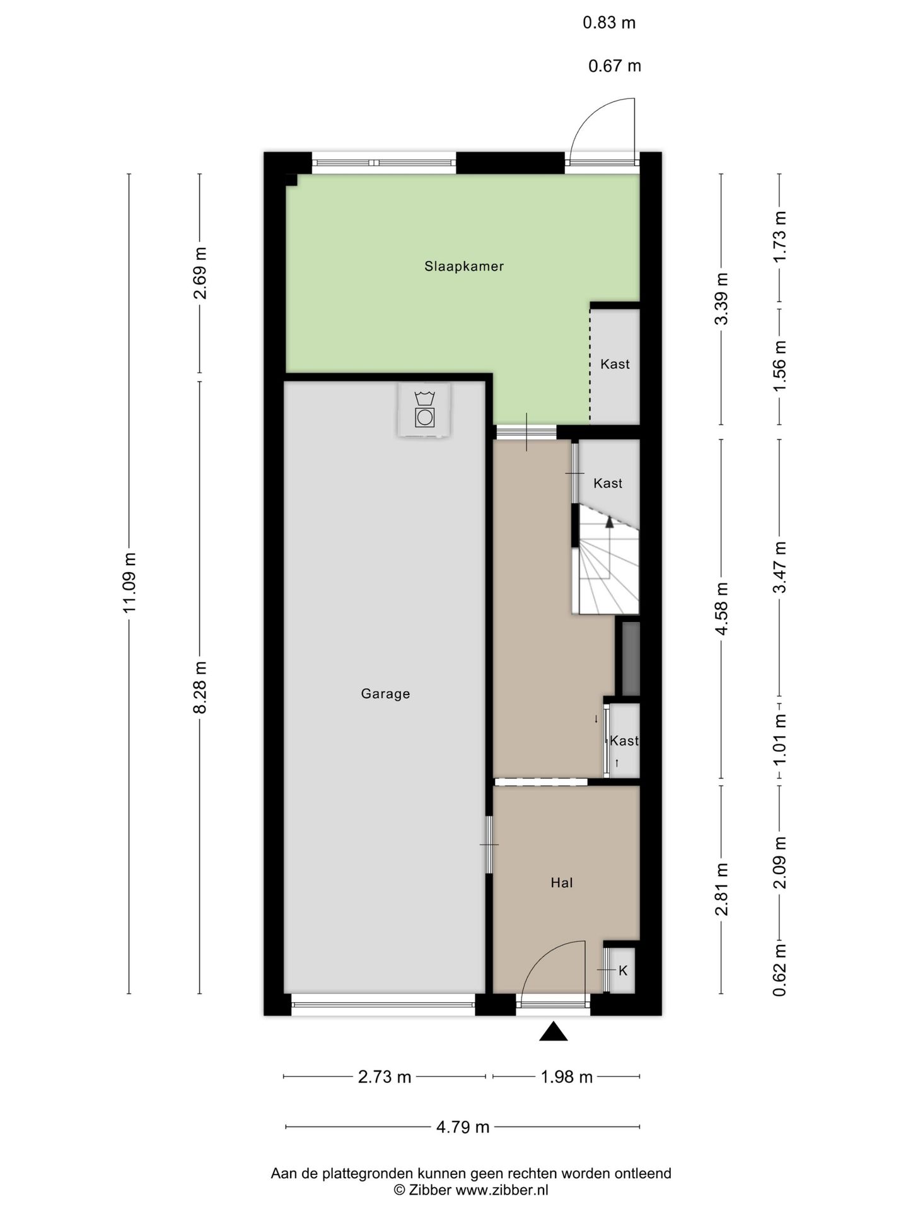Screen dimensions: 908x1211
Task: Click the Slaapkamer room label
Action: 464,266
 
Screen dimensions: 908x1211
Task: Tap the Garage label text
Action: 385,694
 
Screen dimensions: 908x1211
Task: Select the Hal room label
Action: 562,883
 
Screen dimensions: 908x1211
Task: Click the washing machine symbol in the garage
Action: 425,410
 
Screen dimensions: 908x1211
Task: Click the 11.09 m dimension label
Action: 130,583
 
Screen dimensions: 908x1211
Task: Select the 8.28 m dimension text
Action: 201,687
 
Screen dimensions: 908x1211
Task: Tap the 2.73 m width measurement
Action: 385,1077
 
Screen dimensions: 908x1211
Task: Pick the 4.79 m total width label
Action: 463,1127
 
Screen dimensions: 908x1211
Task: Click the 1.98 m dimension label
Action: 567,1077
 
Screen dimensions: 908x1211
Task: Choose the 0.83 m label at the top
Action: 609,23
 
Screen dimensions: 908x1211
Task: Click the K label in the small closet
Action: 623,971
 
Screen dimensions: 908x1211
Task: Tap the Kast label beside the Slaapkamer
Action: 615,364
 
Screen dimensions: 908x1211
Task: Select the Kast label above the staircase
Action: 608,483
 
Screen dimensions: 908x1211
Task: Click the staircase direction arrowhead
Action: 609,522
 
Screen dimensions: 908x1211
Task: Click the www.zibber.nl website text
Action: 502,1190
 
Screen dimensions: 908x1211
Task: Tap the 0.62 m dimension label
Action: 781,970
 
